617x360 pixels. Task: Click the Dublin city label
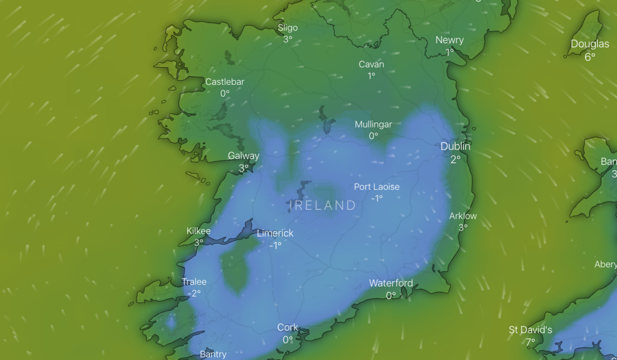click(455, 147)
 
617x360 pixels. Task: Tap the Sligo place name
click(287, 28)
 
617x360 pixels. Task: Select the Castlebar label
click(225, 82)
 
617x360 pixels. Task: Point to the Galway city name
click(244, 156)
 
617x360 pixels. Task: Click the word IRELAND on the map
click(323, 206)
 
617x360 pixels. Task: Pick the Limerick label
click(275, 233)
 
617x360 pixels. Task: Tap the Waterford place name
click(391, 283)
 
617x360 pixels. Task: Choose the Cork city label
click(287, 328)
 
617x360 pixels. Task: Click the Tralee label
click(194, 282)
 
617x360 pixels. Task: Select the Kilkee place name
click(198, 231)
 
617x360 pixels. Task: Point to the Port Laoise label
click(376, 187)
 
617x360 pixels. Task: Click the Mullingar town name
click(373, 124)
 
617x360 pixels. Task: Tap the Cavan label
click(371, 65)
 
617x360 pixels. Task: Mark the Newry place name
click(449, 40)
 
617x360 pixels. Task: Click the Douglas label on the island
click(590, 45)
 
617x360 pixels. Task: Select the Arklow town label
click(463, 216)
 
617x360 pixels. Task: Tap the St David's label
click(531, 330)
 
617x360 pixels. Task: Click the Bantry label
click(213, 354)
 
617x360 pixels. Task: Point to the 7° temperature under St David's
click(531, 341)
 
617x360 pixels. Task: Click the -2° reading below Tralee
click(194, 294)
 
